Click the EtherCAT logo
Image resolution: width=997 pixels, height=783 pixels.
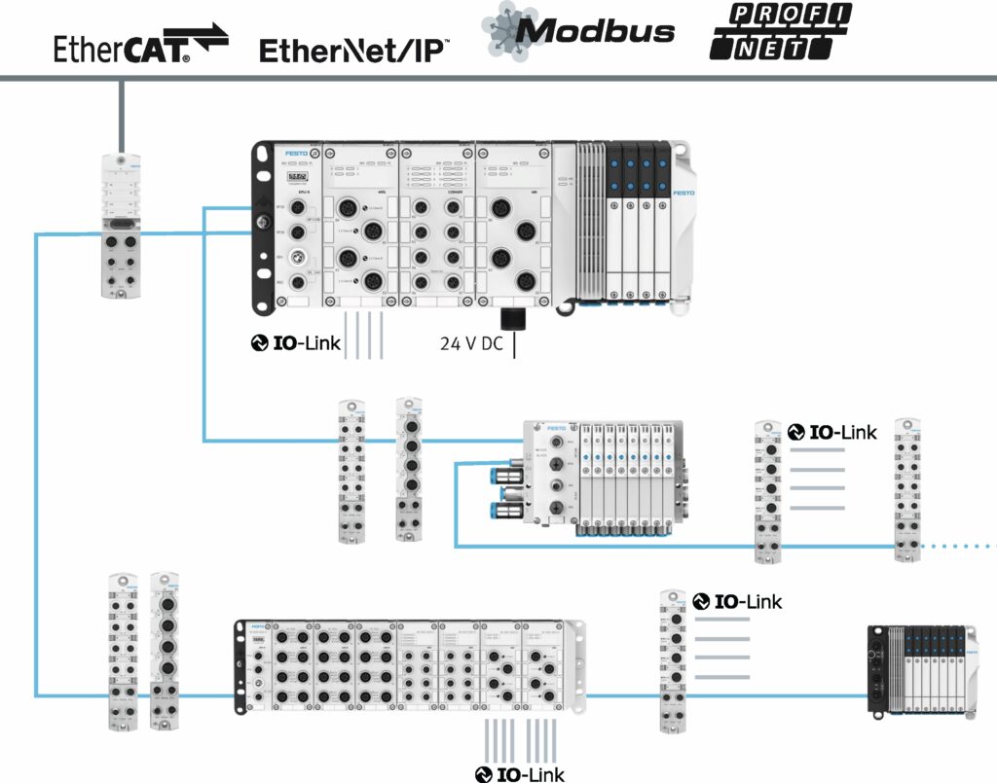(x=141, y=45)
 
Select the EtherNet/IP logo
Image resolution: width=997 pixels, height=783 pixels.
(x=353, y=50)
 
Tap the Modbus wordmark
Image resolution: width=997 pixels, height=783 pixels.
(x=579, y=30)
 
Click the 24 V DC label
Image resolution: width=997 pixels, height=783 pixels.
(x=471, y=343)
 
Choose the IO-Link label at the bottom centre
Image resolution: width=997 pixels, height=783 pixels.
(x=520, y=774)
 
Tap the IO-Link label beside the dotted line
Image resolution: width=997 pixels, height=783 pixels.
(x=832, y=432)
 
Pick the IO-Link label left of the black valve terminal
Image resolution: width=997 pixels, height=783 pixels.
(x=737, y=601)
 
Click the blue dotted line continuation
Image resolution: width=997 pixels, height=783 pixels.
(x=958, y=547)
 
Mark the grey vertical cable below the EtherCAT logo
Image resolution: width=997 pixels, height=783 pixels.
(x=121, y=115)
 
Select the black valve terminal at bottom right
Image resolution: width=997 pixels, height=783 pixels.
(x=920, y=671)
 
